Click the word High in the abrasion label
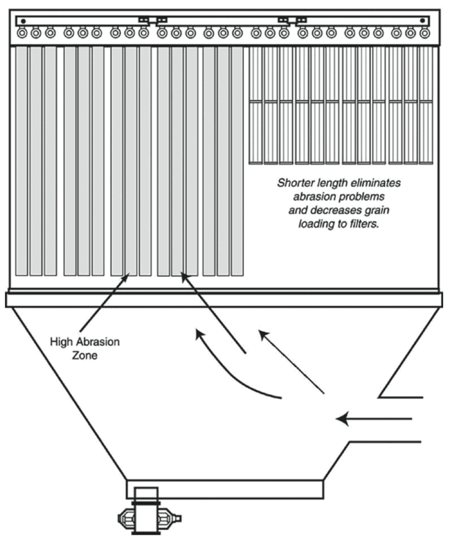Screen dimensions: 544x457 [x=61, y=342]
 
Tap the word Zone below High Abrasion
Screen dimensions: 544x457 [x=85, y=355]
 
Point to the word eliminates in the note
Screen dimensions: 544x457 [x=378, y=183]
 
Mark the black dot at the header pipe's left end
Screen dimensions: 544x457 [x=23, y=21]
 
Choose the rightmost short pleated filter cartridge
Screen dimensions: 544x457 [x=426, y=106]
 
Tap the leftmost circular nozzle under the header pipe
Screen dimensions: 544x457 [x=22, y=33]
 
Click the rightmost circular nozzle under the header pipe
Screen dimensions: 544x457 [x=424, y=33]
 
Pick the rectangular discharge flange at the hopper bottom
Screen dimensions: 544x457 [x=225, y=489]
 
